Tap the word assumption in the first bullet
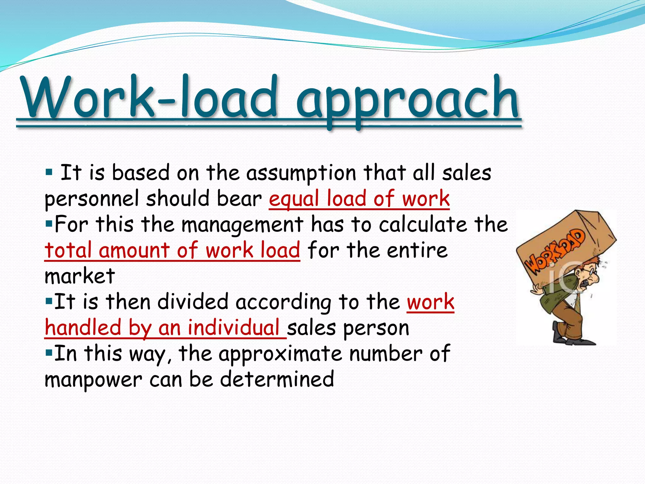pyautogui.click(x=301, y=173)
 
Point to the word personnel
pyautogui.click(x=92, y=199)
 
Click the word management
pyautogui.click(x=242, y=225)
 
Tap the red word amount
pyautogui.click(x=134, y=250)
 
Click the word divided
pyautogui.click(x=193, y=302)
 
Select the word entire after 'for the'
pyautogui.click(x=417, y=250)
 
